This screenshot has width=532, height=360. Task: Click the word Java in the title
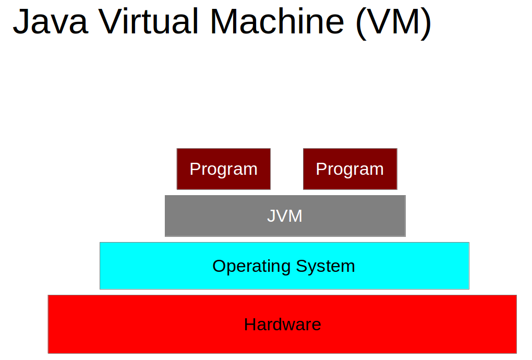(x=50, y=22)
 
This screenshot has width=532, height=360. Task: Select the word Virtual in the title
(x=149, y=22)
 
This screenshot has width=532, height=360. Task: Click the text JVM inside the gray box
(x=285, y=216)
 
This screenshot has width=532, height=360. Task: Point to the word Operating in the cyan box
(x=252, y=267)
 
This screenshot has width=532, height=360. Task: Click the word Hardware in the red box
(x=283, y=325)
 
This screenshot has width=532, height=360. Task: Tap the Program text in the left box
(x=223, y=169)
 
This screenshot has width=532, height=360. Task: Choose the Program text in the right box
(x=350, y=169)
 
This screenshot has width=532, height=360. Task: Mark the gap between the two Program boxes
(x=287, y=169)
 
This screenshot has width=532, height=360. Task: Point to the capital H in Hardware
(x=249, y=325)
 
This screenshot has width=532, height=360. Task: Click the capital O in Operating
(x=219, y=266)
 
